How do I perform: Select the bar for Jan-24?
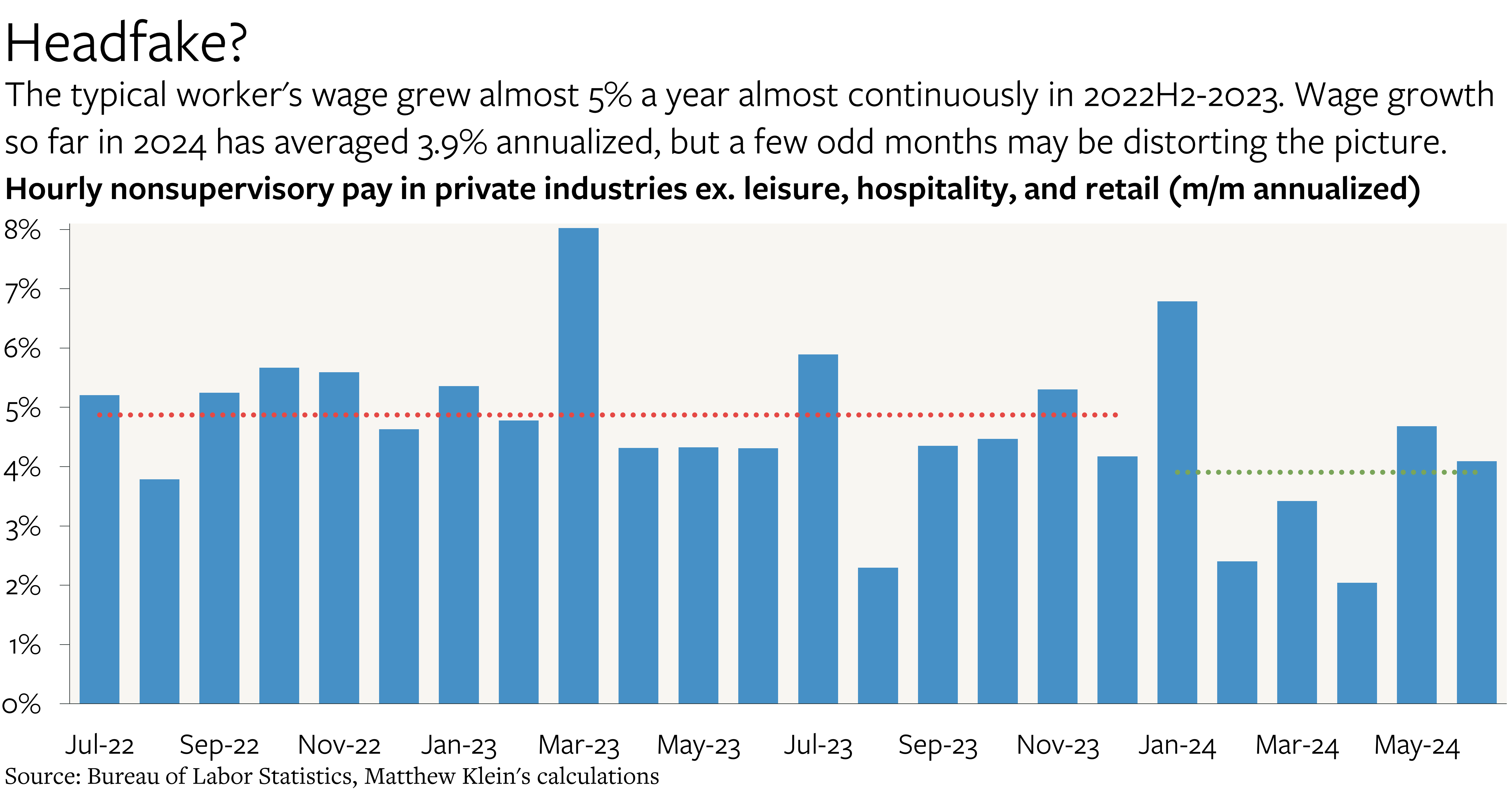tap(1177, 502)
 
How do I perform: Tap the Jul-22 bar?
tap(100, 549)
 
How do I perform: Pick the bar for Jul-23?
tap(818, 528)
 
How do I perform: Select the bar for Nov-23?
tap(1057, 546)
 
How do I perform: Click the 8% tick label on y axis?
tap(22, 230)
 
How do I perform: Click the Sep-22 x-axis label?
tap(219, 745)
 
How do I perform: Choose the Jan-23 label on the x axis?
tap(459, 745)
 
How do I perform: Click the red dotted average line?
tap(607, 415)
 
